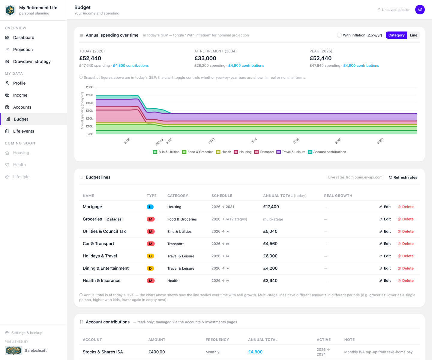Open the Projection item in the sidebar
[23, 49]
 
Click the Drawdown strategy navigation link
[32, 61]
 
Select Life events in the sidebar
[24, 131]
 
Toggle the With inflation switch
[339, 35]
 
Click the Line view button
[413, 35]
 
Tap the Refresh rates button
[403, 177]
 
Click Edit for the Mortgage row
[385, 207]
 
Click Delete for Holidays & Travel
[406, 256]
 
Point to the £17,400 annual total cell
[271, 207]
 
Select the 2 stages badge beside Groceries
[114, 219]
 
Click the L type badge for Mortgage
[150, 207]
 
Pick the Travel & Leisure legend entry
[291, 152]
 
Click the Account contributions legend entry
[327, 152]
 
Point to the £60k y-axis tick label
[89, 87]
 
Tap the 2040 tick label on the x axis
[211, 141]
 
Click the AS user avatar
[420, 10]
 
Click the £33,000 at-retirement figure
[205, 58]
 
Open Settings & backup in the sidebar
[27, 333]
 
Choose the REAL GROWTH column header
[338, 196]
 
